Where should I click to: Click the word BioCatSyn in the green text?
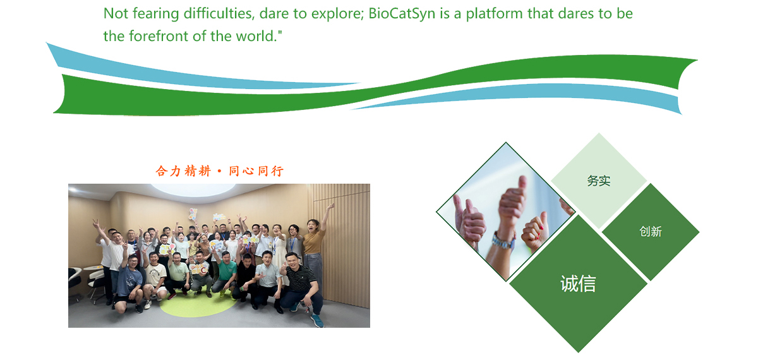[x=402, y=14]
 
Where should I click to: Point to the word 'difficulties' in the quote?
[x=219, y=13]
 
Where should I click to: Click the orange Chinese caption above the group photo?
[x=220, y=171]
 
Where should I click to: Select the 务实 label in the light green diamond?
[x=599, y=181]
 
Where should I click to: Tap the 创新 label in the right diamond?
[x=651, y=232]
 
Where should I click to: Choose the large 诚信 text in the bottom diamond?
[x=578, y=284]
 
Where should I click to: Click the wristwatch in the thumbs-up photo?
[x=503, y=241]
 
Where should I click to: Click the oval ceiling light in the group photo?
[x=193, y=189]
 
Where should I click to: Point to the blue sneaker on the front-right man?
[x=317, y=321]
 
